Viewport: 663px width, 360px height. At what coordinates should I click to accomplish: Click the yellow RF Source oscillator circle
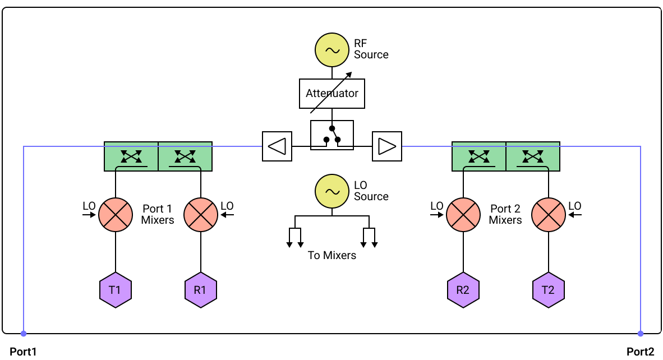click(x=332, y=50)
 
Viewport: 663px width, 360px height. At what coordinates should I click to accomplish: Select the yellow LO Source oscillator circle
click(x=332, y=191)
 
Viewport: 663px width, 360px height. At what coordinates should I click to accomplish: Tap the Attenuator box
click(x=332, y=94)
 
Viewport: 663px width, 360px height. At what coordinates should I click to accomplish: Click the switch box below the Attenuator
click(x=332, y=135)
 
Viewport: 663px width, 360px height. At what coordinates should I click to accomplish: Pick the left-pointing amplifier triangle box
click(x=277, y=146)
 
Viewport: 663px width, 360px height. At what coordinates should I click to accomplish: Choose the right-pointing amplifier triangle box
click(x=387, y=146)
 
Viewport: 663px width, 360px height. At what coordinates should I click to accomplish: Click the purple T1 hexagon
click(x=116, y=290)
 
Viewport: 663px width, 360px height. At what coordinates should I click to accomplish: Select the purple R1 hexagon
click(x=201, y=290)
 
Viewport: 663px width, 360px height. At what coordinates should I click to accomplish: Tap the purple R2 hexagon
click(x=463, y=290)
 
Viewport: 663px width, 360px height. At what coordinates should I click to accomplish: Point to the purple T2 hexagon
click(x=549, y=290)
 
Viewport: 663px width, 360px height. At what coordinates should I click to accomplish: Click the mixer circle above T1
click(x=116, y=215)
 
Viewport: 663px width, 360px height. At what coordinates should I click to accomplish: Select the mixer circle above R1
click(x=201, y=215)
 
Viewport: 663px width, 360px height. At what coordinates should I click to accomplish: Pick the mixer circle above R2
click(x=463, y=215)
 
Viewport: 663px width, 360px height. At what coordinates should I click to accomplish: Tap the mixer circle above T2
click(x=549, y=215)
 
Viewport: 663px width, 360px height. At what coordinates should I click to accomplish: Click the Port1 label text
click(x=23, y=352)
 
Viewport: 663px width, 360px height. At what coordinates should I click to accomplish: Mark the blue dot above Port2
click(x=641, y=334)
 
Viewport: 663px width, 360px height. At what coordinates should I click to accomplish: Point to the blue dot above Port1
click(x=24, y=334)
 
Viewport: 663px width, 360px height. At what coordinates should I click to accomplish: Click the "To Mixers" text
click(x=332, y=255)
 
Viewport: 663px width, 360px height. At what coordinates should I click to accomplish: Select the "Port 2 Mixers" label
click(x=505, y=214)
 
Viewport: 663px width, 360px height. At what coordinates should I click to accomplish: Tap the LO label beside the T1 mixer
click(x=89, y=206)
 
